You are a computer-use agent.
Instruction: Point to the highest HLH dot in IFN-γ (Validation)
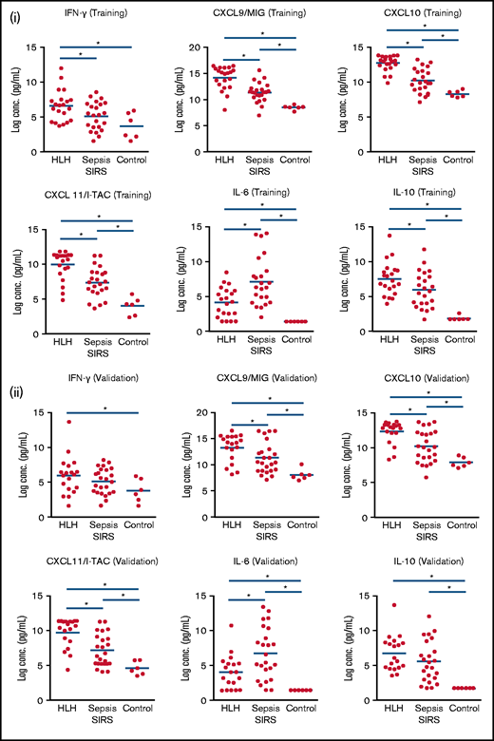pos(67,422)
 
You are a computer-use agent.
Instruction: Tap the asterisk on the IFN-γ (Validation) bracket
pos(104,408)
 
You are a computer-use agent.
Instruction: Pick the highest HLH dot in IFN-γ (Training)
pos(64,67)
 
